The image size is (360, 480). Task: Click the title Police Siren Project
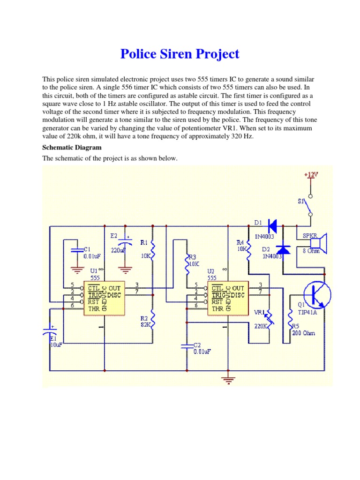[x=180, y=54]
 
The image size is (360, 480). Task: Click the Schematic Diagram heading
[x=72, y=147]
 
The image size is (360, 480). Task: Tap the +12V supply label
[x=310, y=174]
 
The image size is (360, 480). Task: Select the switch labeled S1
[x=307, y=204]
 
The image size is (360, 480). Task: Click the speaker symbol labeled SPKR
[x=320, y=243]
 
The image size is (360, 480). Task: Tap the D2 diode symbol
[x=283, y=248]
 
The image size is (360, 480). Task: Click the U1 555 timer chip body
[x=103, y=298]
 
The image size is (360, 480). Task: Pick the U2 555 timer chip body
[x=227, y=298]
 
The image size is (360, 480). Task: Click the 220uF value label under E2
[x=119, y=250]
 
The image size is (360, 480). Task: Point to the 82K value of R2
[x=145, y=325]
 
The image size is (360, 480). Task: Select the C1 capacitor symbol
[x=74, y=250]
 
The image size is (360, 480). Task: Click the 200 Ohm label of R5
[x=303, y=333]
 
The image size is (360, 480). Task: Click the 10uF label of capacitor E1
[x=56, y=345]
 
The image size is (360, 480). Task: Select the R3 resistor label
[x=192, y=257]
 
